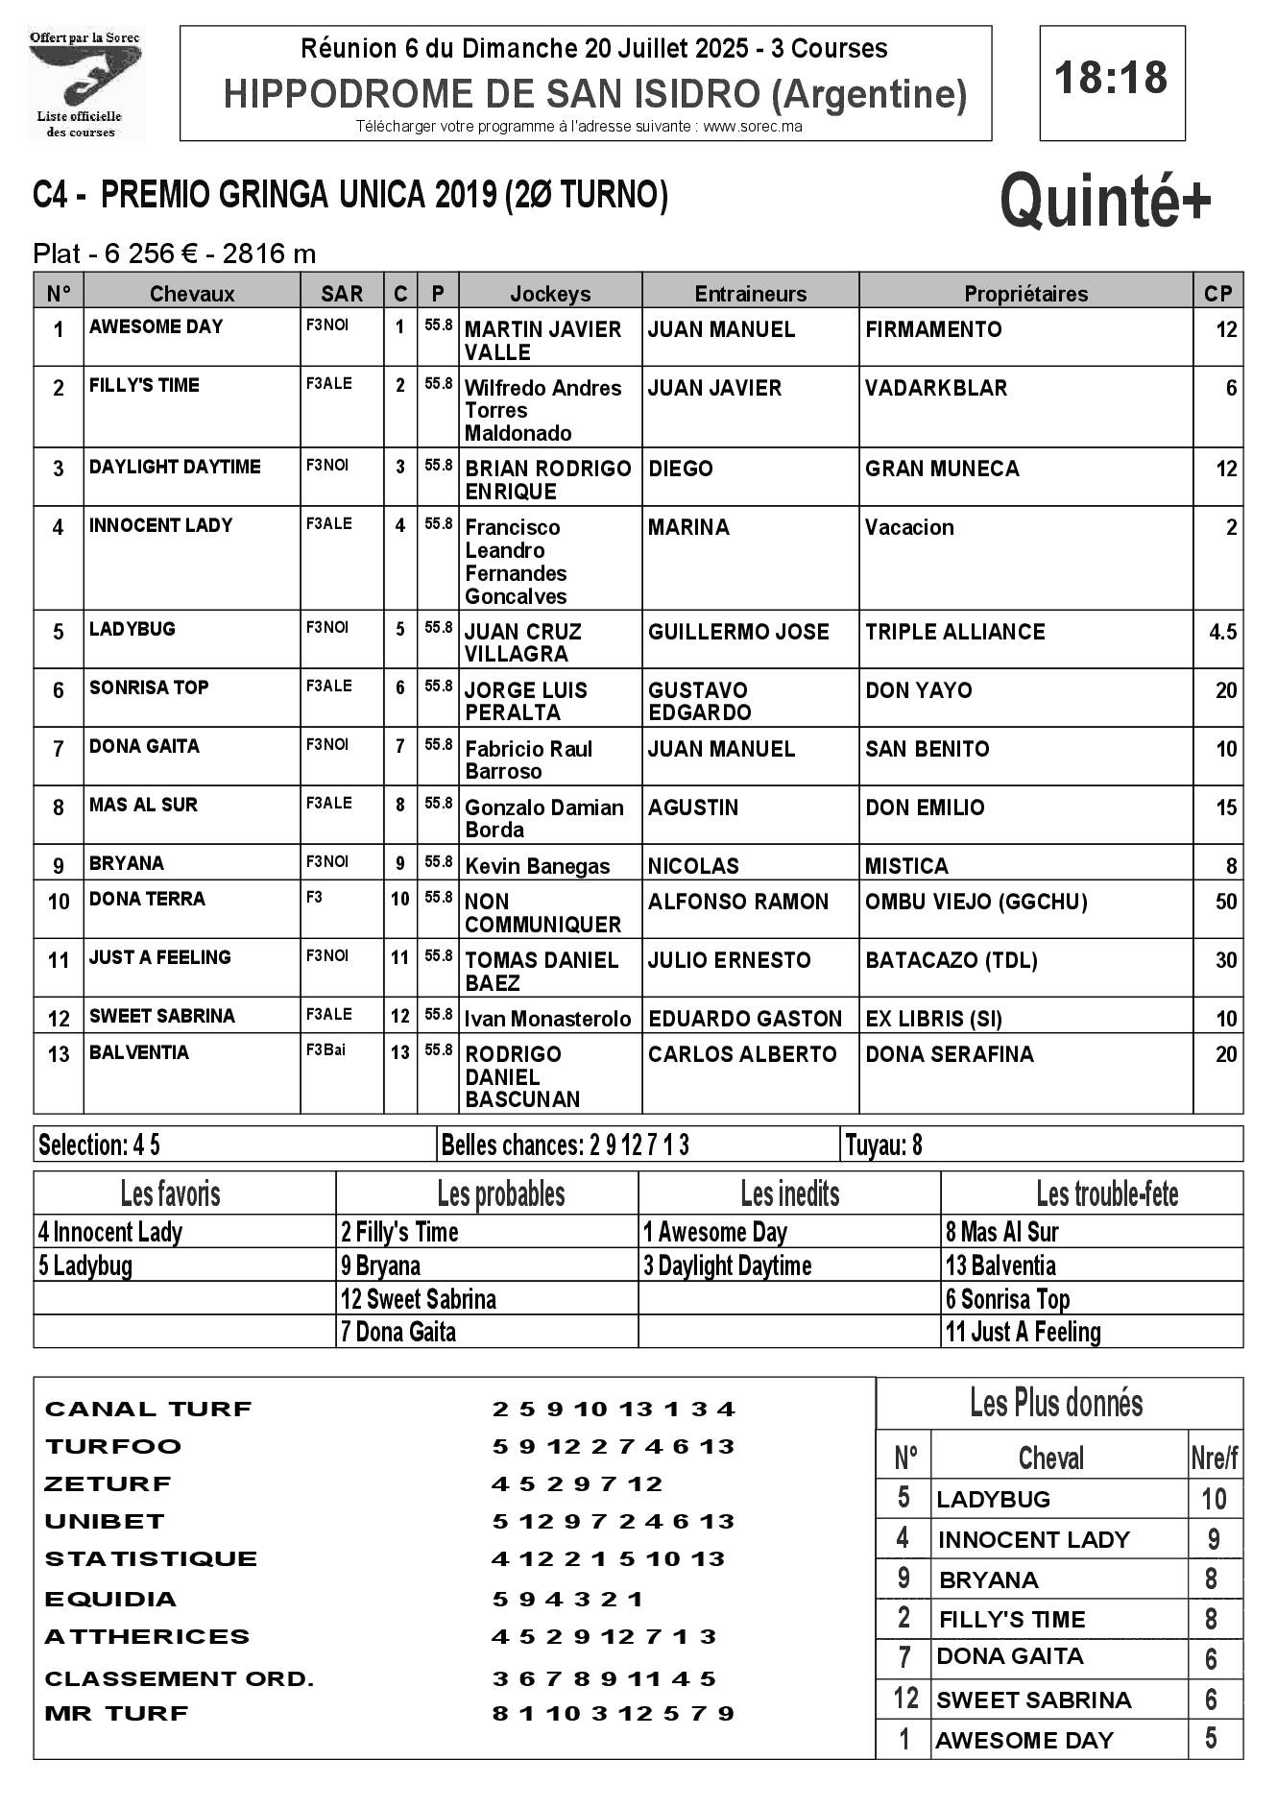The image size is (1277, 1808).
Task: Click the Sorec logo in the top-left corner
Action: (x=85, y=84)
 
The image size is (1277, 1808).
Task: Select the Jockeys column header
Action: (x=550, y=294)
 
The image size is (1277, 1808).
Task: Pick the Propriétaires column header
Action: (x=1025, y=294)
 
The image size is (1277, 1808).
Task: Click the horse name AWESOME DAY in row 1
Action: (x=156, y=326)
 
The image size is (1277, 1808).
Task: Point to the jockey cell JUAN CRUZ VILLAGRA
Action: (x=523, y=642)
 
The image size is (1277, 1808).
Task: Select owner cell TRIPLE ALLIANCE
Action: (x=954, y=632)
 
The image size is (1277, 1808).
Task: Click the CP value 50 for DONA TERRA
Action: (x=1225, y=902)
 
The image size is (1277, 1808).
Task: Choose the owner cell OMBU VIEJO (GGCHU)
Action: (x=976, y=902)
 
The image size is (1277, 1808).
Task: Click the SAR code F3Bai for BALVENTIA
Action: (x=325, y=1049)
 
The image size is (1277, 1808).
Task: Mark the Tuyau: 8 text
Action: (x=883, y=1145)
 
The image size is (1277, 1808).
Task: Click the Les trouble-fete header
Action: (x=1106, y=1193)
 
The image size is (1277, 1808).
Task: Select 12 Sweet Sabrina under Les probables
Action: (x=419, y=1299)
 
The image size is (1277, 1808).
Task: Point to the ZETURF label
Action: (x=108, y=1483)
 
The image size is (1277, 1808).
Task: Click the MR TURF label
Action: (x=116, y=1713)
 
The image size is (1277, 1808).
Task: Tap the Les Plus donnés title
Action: (x=1056, y=1404)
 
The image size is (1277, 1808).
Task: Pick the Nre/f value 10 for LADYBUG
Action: (x=1214, y=1499)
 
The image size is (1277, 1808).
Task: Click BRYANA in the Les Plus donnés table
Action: (x=988, y=1579)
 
